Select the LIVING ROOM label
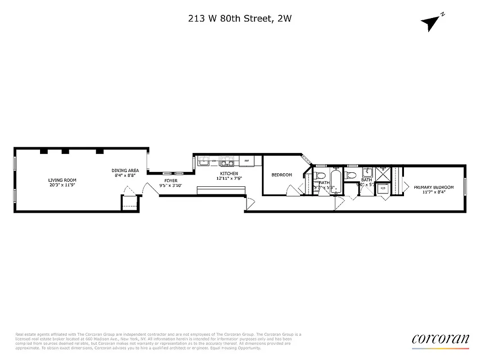[x=63, y=180]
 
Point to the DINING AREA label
[x=125, y=171]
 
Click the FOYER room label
[x=170, y=180]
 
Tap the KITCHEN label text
[x=229, y=174]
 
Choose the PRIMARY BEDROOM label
[x=434, y=187]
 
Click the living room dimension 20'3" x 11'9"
[x=63, y=185]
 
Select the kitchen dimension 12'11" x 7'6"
[x=229, y=178]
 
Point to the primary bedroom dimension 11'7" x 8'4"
[x=434, y=192]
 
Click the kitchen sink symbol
[x=204, y=160]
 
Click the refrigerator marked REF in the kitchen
[x=247, y=160]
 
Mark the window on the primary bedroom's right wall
[x=465, y=187]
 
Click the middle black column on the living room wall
[x=65, y=151]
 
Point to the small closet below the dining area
[x=130, y=203]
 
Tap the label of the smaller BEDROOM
[x=282, y=175]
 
